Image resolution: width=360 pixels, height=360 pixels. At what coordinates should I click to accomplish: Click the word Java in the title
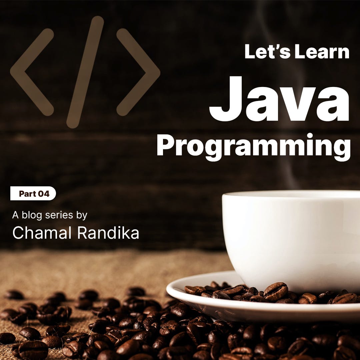pyautogui.click(x=279, y=99)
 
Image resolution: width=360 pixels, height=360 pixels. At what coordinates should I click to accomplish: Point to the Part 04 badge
pyautogui.click(x=33, y=194)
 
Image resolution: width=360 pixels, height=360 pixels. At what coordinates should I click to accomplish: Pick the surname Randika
pyautogui.click(x=108, y=233)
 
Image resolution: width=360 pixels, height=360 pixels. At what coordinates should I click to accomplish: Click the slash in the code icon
pyautogui.click(x=85, y=72)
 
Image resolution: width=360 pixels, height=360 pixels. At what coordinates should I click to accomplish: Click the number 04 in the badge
pyautogui.click(x=44, y=194)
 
